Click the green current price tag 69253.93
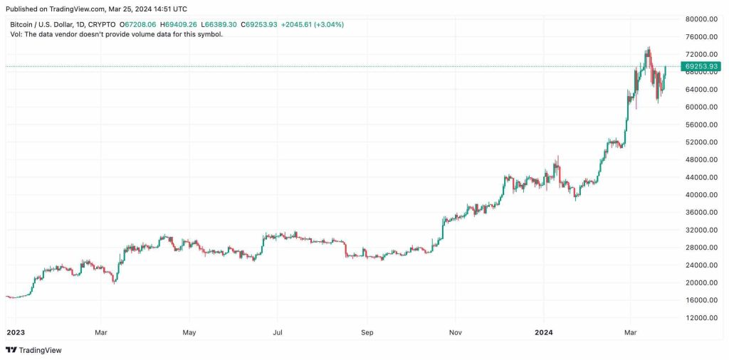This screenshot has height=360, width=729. [700, 66]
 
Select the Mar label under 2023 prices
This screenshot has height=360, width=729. [101, 332]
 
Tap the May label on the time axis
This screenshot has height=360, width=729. [189, 332]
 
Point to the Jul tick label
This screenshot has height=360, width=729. [278, 332]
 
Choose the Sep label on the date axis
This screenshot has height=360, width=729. [367, 332]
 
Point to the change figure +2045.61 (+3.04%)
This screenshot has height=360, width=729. [313, 24]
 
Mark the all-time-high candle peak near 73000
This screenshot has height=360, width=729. [649, 48]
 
